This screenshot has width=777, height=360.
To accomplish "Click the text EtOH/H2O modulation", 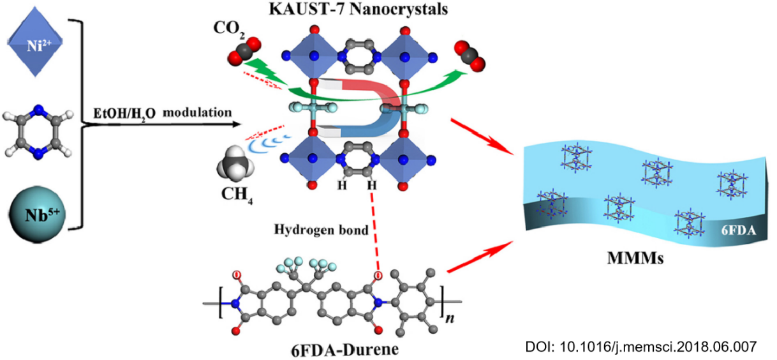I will pyautogui.click(x=160, y=113).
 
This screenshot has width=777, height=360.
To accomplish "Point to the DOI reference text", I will pyautogui.click(x=640, y=347).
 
